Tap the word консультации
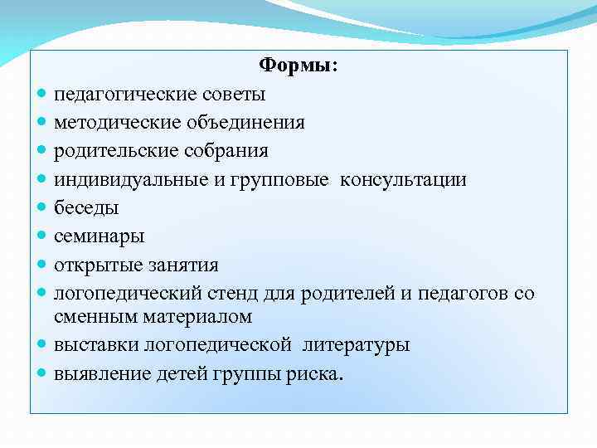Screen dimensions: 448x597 click(x=403, y=180)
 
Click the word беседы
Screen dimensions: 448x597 click(x=87, y=208)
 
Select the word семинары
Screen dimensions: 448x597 click(x=99, y=236)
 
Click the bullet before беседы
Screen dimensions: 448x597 click(x=42, y=208)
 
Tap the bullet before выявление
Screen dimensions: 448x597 click(x=42, y=373)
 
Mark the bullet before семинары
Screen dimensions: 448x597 click(x=42, y=237)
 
